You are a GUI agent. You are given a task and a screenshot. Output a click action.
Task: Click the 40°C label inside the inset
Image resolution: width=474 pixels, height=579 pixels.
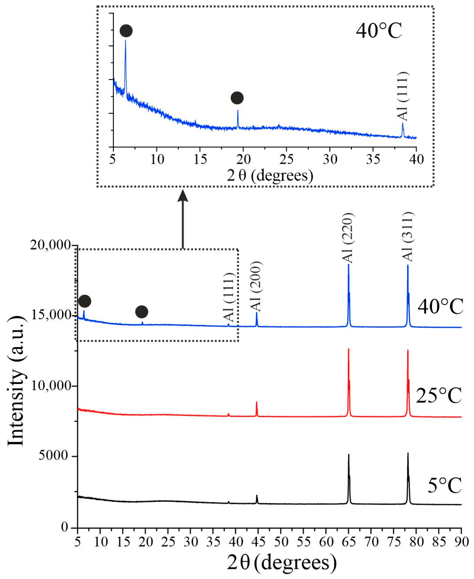click(379, 31)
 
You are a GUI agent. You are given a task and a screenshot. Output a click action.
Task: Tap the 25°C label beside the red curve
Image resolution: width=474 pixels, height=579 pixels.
click(439, 396)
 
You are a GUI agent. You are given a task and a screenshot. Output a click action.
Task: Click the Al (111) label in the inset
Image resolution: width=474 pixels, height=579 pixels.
click(402, 96)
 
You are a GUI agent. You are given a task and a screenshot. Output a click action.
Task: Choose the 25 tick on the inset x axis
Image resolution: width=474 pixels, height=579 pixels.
click(286, 159)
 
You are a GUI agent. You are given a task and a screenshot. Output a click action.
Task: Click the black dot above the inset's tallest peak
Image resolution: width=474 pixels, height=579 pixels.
click(126, 31)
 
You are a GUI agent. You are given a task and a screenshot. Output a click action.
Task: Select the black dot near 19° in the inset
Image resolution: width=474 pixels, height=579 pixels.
click(237, 98)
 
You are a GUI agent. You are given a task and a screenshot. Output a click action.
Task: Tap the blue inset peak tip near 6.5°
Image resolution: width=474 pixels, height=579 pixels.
click(125, 40)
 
